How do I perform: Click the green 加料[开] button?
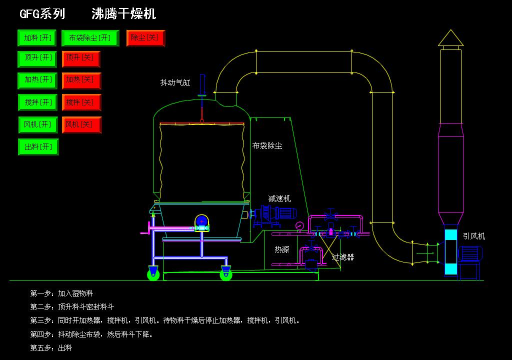[38, 38]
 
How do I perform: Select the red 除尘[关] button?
[145, 38]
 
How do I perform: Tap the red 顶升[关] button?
[81, 59]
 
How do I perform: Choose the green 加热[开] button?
[38, 80]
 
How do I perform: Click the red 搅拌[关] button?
[81, 102]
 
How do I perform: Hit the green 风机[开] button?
[38, 124]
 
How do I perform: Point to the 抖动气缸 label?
[175, 82]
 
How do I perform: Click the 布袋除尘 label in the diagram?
[267, 146]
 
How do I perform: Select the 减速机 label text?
[279, 198]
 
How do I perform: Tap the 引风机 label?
[473, 236]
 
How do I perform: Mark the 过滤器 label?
[343, 257]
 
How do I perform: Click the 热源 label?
[281, 249]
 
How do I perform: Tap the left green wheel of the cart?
[153, 274]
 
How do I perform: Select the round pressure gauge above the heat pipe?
[299, 225]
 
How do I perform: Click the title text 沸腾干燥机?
[123, 14]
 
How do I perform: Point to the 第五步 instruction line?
[51, 347]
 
